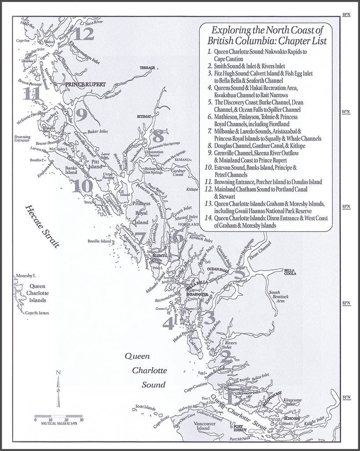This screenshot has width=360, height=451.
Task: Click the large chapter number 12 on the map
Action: [84, 33]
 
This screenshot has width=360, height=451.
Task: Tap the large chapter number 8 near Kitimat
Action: [159, 135]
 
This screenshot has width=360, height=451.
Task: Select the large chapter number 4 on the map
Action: [168, 324]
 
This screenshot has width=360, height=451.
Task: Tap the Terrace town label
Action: [147, 68]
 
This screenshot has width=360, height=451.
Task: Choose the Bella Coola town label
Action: [290, 272]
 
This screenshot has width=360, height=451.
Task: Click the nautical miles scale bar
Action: [58, 416]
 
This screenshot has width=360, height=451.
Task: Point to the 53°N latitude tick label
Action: [346, 207]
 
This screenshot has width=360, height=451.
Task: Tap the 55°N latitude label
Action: [346, 15]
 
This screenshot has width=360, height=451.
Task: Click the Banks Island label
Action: [71, 171]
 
